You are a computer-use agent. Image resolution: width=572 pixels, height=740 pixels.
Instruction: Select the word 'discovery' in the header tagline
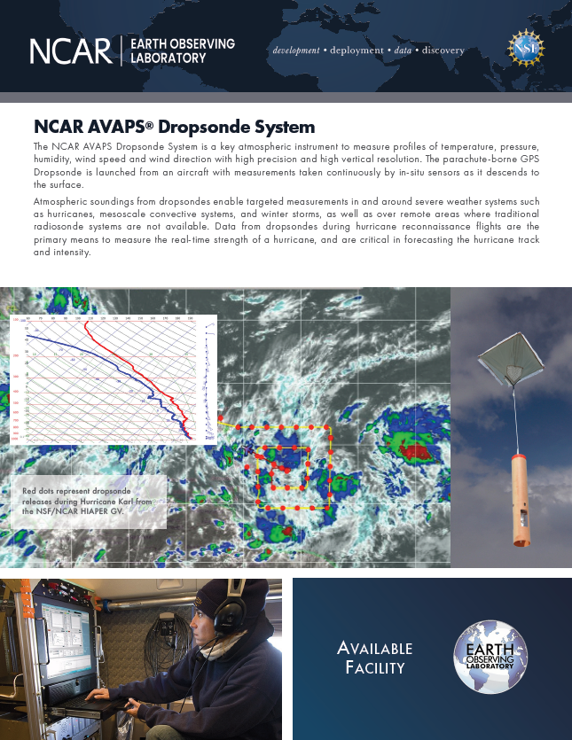(443, 51)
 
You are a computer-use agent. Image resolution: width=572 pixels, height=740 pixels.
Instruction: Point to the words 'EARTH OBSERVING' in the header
(183, 43)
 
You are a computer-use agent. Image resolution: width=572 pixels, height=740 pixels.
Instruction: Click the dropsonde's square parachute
(510, 356)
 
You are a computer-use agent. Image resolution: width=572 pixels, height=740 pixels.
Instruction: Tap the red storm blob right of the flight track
(412, 452)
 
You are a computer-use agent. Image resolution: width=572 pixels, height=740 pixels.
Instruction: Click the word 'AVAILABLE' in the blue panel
(376, 649)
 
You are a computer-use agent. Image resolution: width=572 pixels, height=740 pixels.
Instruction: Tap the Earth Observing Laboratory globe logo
(490, 657)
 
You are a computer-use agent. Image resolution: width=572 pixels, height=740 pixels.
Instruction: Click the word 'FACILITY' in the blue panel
(376, 667)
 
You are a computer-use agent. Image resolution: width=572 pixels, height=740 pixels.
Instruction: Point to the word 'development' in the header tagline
(295, 51)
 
